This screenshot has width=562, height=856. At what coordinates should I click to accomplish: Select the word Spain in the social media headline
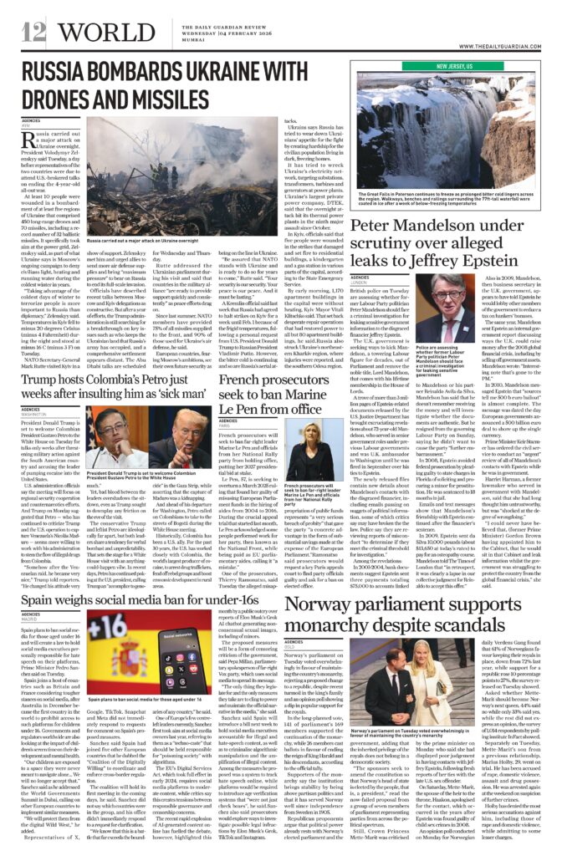tap(43, 579)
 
